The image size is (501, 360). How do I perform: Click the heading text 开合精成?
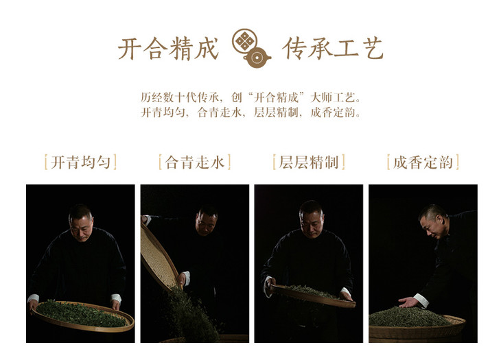pyautogui.click(x=168, y=49)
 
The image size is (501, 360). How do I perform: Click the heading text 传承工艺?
pyautogui.click(x=332, y=49)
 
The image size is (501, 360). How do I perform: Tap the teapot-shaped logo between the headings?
pyautogui.click(x=251, y=49)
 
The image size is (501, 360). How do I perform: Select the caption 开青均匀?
pyautogui.click(x=80, y=162)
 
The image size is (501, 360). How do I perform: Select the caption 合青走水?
pyautogui.click(x=195, y=162)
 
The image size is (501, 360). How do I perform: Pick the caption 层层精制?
pyautogui.click(x=309, y=162)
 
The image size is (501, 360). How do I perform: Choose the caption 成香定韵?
pyautogui.click(x=423, y=162)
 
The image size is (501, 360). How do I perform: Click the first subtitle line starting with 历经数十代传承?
pyautogui.click(x=250, y=97)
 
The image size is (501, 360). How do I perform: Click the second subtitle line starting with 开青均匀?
pyautogui.click(x=250, y=112)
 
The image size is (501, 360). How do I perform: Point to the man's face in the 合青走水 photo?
pyautogui.click(x=206, y=222)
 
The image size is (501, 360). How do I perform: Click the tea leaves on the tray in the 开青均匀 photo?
pyautogui.click(x=82, y=313)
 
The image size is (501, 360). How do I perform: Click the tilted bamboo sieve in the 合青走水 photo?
pyautogui.click(x=159, y=257)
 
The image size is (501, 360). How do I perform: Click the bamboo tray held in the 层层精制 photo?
pyautogui.click(x=313, y=297)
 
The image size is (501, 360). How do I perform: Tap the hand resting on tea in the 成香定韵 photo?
pyautogui.click(x=408, y=302)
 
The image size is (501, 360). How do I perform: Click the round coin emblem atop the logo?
pyautogui.click(x=245, y=40)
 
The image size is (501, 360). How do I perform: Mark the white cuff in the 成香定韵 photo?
pyautogui.click(x=421, y=300)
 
